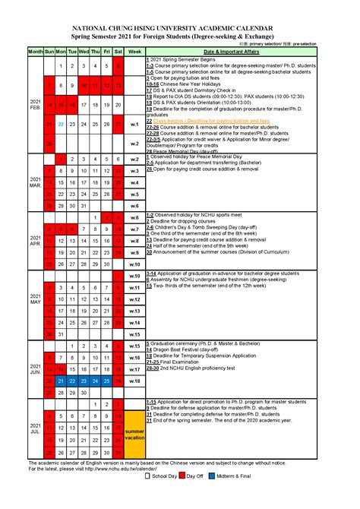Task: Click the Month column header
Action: (36, 51)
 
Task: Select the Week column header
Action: (134, 51)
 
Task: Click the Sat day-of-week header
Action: (118, 51)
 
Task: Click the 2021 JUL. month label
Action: (36, 429)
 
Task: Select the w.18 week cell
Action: (134, 381)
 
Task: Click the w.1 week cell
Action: (134, 124)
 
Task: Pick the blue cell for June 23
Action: (84, 381)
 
